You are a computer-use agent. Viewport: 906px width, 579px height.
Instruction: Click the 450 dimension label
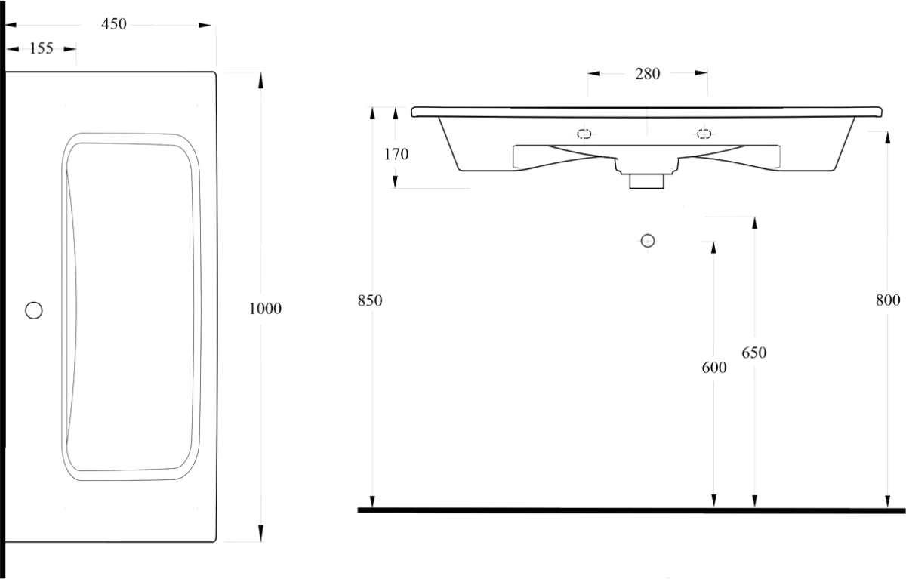pos(114,24)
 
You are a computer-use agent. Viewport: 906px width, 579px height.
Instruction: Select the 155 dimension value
pos(42,48)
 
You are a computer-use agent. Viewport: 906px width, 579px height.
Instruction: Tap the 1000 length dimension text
pos(265,309)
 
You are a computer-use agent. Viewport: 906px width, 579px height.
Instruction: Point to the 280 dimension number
pos(647,73)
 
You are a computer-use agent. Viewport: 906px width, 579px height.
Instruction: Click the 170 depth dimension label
pos(396,154)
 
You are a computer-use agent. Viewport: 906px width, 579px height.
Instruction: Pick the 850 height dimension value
pos(370,300)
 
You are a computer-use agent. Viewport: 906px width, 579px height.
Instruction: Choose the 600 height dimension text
pos(714,367)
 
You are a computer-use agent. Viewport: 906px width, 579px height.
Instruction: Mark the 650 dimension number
pos(754,353)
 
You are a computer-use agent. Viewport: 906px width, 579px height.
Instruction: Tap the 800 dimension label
pos(888,300)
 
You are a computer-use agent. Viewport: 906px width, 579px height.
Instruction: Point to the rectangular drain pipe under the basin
pos(647,181)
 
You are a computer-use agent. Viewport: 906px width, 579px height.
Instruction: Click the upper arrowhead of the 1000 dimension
pos(261,80)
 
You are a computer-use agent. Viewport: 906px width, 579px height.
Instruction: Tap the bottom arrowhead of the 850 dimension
pos(372,500)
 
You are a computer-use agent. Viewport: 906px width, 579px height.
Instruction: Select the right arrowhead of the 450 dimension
pos(205,26)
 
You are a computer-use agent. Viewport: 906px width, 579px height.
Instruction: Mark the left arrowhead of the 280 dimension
pos(594,73)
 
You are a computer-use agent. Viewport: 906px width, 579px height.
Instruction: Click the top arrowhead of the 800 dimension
pos(887,138)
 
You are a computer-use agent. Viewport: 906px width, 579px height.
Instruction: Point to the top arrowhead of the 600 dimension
pos(713,248)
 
